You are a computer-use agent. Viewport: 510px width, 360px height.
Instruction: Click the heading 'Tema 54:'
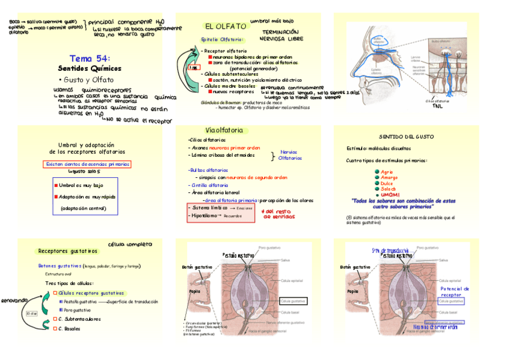pyautogui.click(x=90, y=58)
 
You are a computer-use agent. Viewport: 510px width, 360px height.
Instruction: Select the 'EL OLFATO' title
pyautogui.click(x=226, y=26)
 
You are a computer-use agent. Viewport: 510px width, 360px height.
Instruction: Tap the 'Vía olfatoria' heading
pyautogui.click(x=224, y=130)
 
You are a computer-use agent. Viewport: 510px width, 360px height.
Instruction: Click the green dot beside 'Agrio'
pyautogui.click(x=376, y=172)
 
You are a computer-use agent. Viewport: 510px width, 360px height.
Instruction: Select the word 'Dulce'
pyautogui.click(x=389, y=183)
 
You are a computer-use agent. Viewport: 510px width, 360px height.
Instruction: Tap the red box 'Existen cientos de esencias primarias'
pyautogui.click(x=88, y=164)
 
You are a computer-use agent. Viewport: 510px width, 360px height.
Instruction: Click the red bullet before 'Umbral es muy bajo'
pyautogui.click(x=56, y=186)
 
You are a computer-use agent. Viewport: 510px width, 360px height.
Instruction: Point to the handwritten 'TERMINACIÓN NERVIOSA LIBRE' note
pyautogui.click(x=280, y=35)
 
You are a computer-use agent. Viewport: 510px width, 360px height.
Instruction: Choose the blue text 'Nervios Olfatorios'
pyautogui.click(x=290, y=155)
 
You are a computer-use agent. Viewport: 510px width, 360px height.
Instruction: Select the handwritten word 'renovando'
pyautogui.click(x=14, y=299)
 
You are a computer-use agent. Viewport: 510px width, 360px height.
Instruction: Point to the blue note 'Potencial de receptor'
pyautogui.click(x=455, y=292)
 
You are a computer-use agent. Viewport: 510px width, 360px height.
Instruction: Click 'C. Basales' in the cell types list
pyautogui.click(x=69, y=329)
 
